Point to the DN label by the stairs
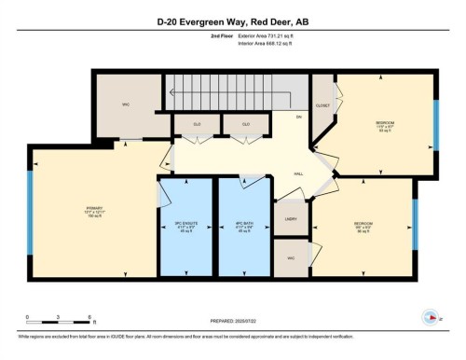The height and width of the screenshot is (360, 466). (x=299, y=117)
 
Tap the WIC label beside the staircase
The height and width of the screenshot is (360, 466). (x=125, y=104)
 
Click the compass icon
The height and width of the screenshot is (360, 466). (x=430, y=316)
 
